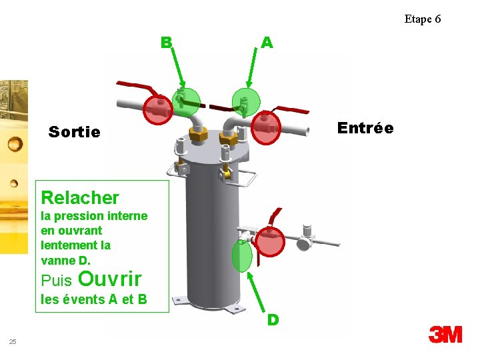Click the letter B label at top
point(167,43)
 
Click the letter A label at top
point(267,43)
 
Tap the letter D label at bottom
point(273,320)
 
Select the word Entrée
point(365,128)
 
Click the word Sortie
point(75,132)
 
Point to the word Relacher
point(80,197)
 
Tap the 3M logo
point(445,334)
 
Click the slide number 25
point(13,342)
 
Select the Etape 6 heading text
point(422,19)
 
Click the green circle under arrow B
point(186,101)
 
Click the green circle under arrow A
point(245,101)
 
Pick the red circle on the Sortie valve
point(159,110)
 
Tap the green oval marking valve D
point(241,256)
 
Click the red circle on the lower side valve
point(271,241)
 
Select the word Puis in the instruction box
point(57,279)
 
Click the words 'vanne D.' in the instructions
point(65,260)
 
